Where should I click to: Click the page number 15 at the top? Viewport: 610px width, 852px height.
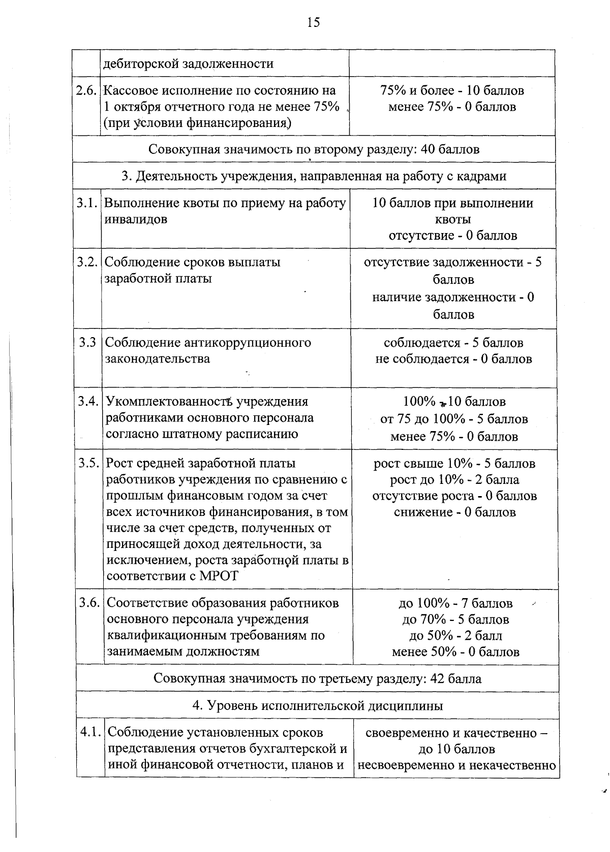pyautogui.click(x=313, y=22)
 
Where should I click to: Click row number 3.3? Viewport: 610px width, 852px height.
pyautogui.click(x=87, y=343)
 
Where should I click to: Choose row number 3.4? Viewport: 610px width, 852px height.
pyautogui.click(x=88, y=402)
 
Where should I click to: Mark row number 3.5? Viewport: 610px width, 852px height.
pyautogui.click(x=88, y=464)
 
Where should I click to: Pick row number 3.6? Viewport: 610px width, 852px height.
pyautogui.click(x=90, y=603)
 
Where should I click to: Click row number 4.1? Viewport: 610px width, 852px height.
pyautogui.click(x=90, y=733)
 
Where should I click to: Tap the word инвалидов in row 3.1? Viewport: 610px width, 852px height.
pyautogui.click(x=136, y=220)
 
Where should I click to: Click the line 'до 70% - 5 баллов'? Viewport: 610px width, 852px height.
pyautogui.click(x=455, y=619)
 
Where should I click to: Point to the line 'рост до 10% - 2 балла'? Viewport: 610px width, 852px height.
pyautogui.click(x=454, y=480)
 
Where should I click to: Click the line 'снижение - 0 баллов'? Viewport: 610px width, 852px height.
pyautogui.click(x=454, y=512)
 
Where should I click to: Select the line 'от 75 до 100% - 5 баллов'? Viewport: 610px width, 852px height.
pyautogui.click(x=454, y=419)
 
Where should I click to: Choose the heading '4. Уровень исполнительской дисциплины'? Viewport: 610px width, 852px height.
pyautogui.click(x=318, y=706)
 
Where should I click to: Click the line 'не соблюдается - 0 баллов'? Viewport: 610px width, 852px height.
pyautogui.click(x=453, y=359)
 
